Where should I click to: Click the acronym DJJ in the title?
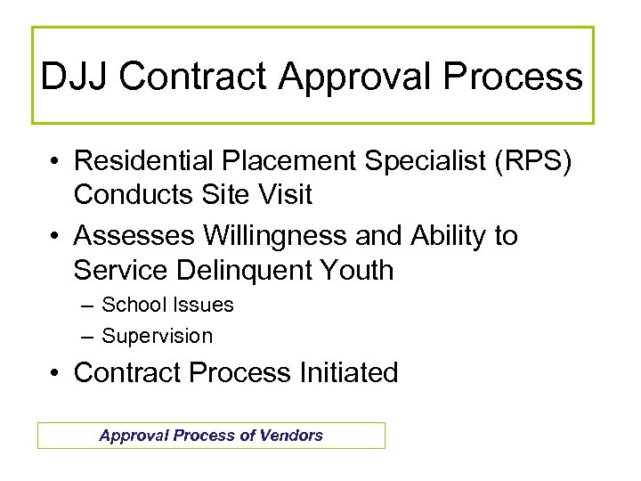(75, 77)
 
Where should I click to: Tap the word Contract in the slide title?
(193, 77)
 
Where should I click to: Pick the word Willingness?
(275, 236)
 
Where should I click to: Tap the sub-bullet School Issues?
(167, 305)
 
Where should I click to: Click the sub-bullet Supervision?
(158, 336)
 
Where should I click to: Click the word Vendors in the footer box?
(291, 436)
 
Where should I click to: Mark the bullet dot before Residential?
(56, 162)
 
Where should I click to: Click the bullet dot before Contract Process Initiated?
(56, 373)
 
